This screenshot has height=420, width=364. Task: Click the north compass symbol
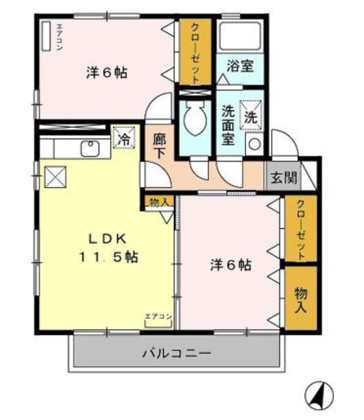tap(319, 394)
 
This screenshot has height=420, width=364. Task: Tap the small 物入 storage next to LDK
tap(158, 201)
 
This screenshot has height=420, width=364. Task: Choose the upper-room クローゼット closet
tap(195, 52)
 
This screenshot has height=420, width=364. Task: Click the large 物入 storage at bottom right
tap(300, 297)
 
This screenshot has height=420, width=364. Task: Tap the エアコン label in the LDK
tap(158, 317)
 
